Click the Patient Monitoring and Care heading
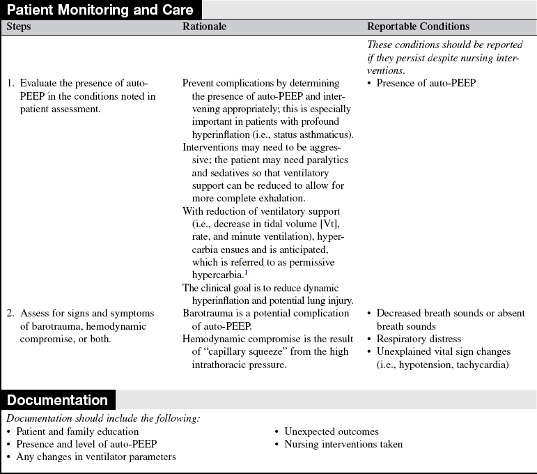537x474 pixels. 101,10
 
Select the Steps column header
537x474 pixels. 19,26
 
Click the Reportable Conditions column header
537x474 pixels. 418,26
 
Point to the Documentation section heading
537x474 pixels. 58,400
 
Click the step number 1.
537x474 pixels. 10,84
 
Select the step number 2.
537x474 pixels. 10,313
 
